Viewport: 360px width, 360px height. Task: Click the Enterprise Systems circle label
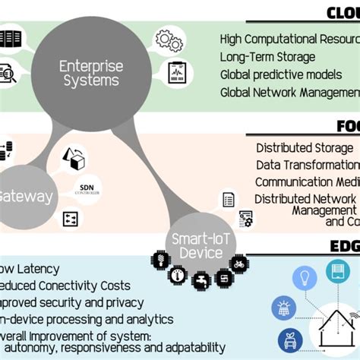pos(90,74)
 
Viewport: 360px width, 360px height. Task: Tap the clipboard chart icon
pos(176,75)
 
